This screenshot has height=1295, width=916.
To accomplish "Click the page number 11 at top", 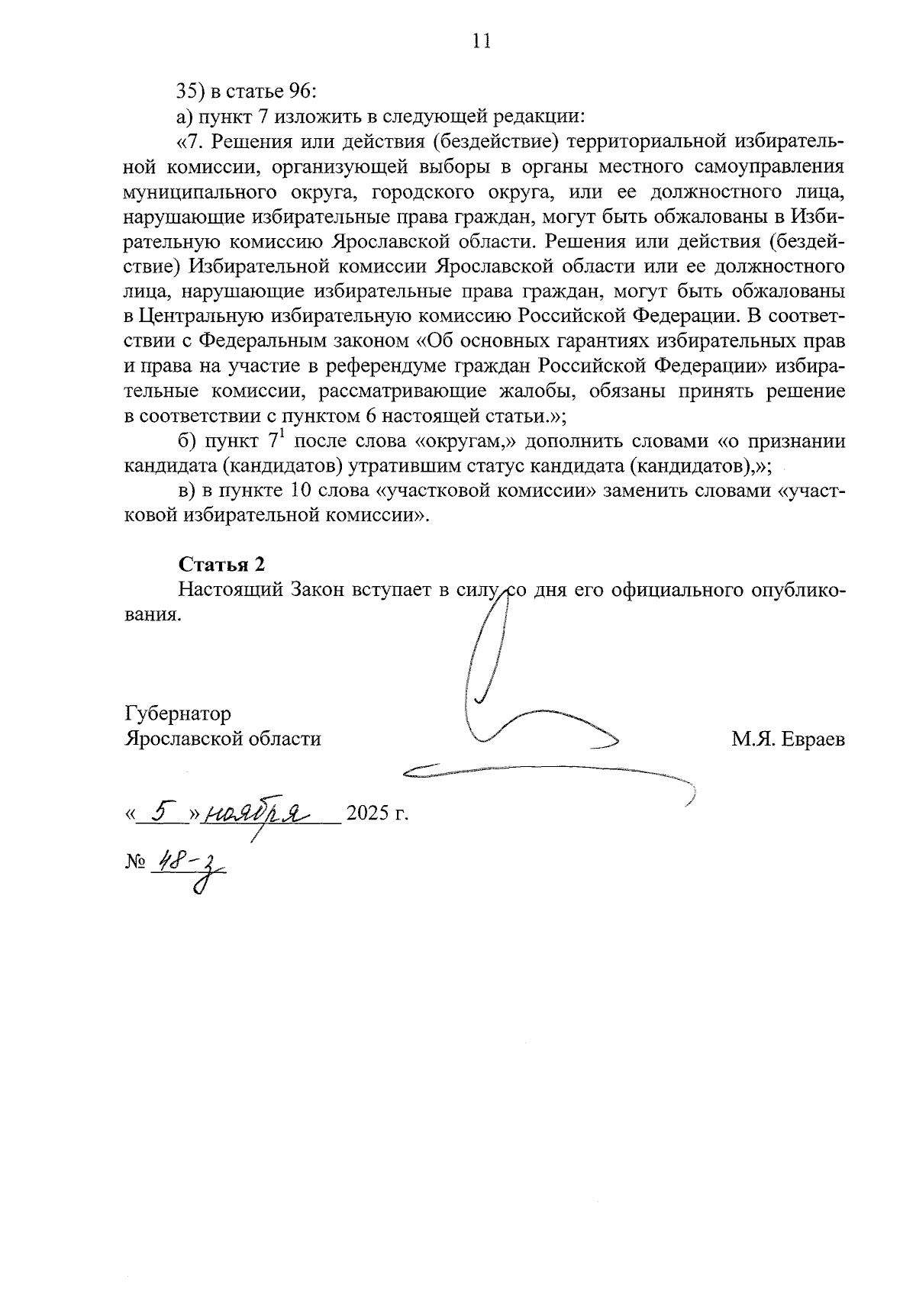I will coord(481,41).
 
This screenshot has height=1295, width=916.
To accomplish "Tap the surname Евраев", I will coord(814,739).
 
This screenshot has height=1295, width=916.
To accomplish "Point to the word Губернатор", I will coord(177,714).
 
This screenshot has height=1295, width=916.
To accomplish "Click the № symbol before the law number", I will coord(134,863).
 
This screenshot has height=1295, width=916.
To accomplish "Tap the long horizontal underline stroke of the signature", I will coord(550,771).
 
